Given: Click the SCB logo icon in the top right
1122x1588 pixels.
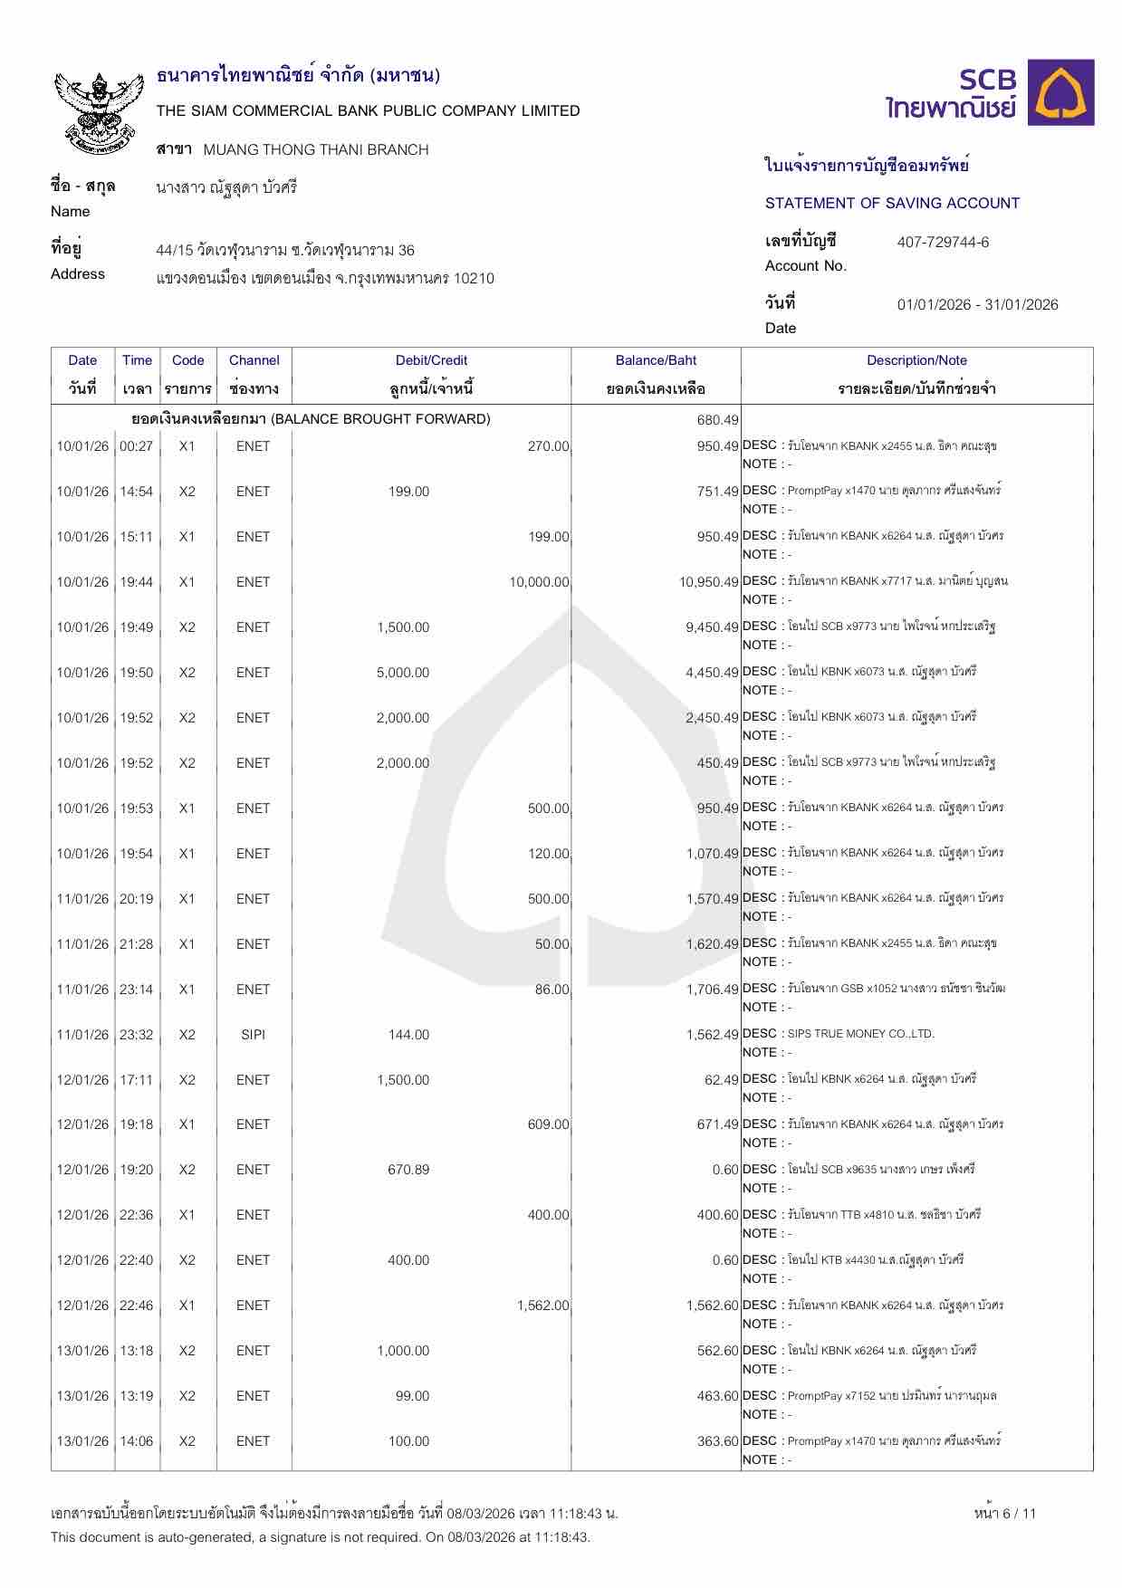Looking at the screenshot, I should click(1065, 92).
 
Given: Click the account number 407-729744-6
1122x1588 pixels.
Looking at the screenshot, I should click(943, 242).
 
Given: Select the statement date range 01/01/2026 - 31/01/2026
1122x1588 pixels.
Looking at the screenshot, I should click(977, 304).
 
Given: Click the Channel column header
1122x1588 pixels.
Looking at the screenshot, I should click(254, 360).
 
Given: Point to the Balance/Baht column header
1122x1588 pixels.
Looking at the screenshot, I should click(656, 360).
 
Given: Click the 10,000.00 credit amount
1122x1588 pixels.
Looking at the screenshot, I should click(539, 582).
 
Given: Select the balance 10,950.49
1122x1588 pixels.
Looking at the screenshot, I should click(710, 582).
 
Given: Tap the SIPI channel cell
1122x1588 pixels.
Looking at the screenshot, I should click(254, 1035).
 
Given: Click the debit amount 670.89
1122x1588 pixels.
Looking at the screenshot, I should click(408, 1170).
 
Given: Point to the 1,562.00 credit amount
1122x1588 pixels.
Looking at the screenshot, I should click(543, 1306).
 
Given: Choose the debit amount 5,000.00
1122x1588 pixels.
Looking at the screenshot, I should click(403, 673).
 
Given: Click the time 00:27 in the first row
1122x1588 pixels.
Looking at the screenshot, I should click(137, 446).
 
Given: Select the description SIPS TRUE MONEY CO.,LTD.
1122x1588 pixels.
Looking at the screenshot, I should click(860, 1034).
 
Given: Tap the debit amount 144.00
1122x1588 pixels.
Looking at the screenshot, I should click(408, 1035).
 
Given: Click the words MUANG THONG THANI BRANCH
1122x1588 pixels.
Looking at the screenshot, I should click(316, 149).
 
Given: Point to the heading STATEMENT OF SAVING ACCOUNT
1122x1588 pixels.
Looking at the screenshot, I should click(892, 203).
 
